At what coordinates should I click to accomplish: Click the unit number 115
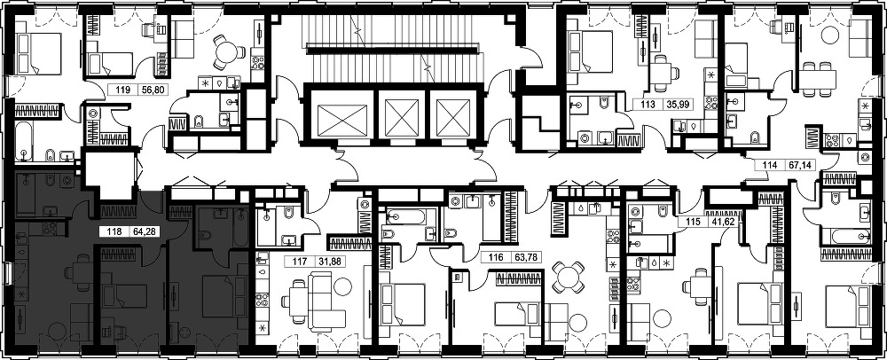[687, 223]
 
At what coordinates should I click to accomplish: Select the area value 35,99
[674, 105]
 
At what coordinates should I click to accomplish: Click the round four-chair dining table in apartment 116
[568, 277]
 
